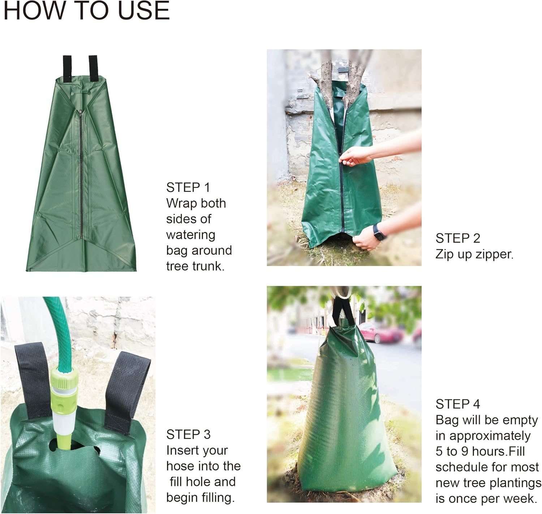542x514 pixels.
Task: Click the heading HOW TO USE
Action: click(x=86, y=10)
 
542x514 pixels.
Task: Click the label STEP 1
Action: click(x=188, y=187)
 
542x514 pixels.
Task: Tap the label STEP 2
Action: click(x=458, y=238)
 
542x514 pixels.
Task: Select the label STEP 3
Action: click(x=188, y=434)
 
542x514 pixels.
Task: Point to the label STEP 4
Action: click(x=458, y=404)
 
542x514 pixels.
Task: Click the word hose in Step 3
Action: click(x=180, y=466)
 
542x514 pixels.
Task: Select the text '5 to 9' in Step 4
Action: click(x=452, y=451)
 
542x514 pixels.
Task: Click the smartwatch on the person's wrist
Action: click(x=379, y=231)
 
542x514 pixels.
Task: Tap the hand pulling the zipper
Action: click(x=356, y=157)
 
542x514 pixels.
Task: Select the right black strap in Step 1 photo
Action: click(x=93, y=67)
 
